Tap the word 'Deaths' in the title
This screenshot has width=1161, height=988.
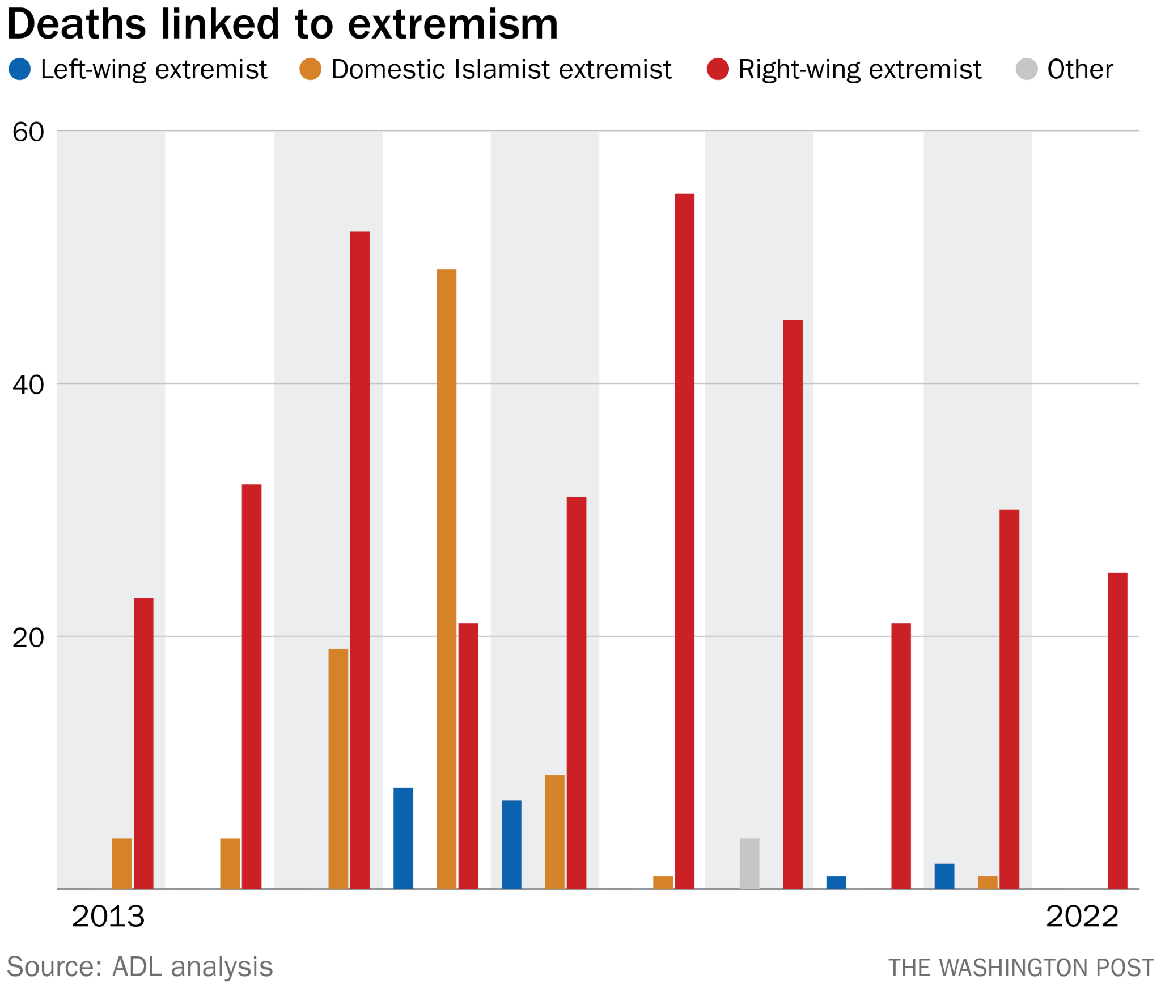pos(77,25)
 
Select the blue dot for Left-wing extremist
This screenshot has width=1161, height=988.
pos(20,69)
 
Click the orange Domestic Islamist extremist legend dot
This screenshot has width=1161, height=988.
pos(310,69)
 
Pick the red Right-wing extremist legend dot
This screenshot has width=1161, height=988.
pos(718,69)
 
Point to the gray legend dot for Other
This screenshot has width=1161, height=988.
pos(1027,69)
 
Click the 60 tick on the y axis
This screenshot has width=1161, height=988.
pos(28,132)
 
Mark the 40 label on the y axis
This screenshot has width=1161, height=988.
pos(28,385)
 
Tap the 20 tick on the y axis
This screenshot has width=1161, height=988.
pos(28,638)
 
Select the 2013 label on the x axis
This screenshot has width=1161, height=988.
pos(108,916)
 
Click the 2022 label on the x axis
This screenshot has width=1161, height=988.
pos(1082,916)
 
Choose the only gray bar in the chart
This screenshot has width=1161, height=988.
pos(749,863)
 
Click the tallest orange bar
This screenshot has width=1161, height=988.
pos(447,579)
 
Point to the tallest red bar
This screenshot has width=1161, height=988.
pos(685,541)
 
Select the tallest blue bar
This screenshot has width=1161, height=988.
pos(403,838)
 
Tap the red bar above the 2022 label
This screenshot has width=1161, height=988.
pos(1117,731)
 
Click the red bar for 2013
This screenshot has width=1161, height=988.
pos(143,743)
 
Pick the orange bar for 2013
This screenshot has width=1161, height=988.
pos(122,863)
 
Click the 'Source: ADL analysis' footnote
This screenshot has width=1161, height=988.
pos(139,966)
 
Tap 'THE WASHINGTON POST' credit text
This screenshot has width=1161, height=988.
pos(1020,968)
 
